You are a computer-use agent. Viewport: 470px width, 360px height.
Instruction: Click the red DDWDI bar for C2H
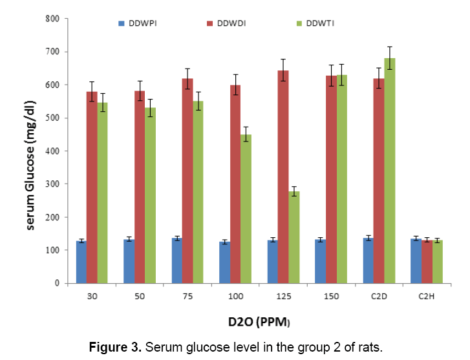coord(426,261)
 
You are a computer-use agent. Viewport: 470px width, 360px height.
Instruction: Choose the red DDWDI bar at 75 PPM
coord(187,180)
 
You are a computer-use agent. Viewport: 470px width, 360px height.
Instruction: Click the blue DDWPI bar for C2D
coord(368,260)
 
